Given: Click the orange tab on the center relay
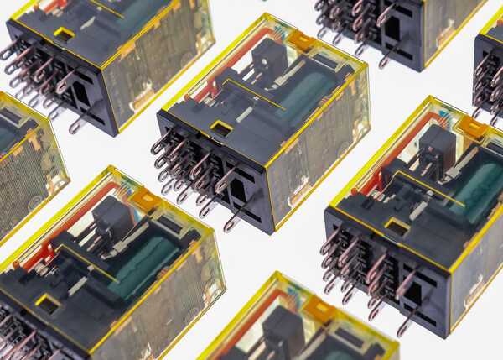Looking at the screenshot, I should coord(302,40).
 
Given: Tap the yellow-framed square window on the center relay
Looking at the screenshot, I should coord(220,128).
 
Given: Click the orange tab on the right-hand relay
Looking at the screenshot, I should coord(472,127).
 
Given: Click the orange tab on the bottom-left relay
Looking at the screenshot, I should coord(143,198).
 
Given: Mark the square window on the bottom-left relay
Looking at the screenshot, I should coord(47,300).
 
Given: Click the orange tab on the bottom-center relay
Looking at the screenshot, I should coord(319,308).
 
